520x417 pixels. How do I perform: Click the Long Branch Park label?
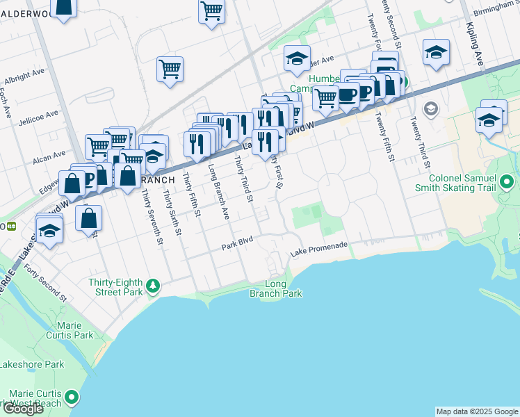(276, 289)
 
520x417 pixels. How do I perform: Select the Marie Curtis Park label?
(75, 330)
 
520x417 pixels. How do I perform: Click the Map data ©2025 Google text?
(476, 411)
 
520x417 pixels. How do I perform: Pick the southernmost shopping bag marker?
(90, 218)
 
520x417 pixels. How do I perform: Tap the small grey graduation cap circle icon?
(430, 108)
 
